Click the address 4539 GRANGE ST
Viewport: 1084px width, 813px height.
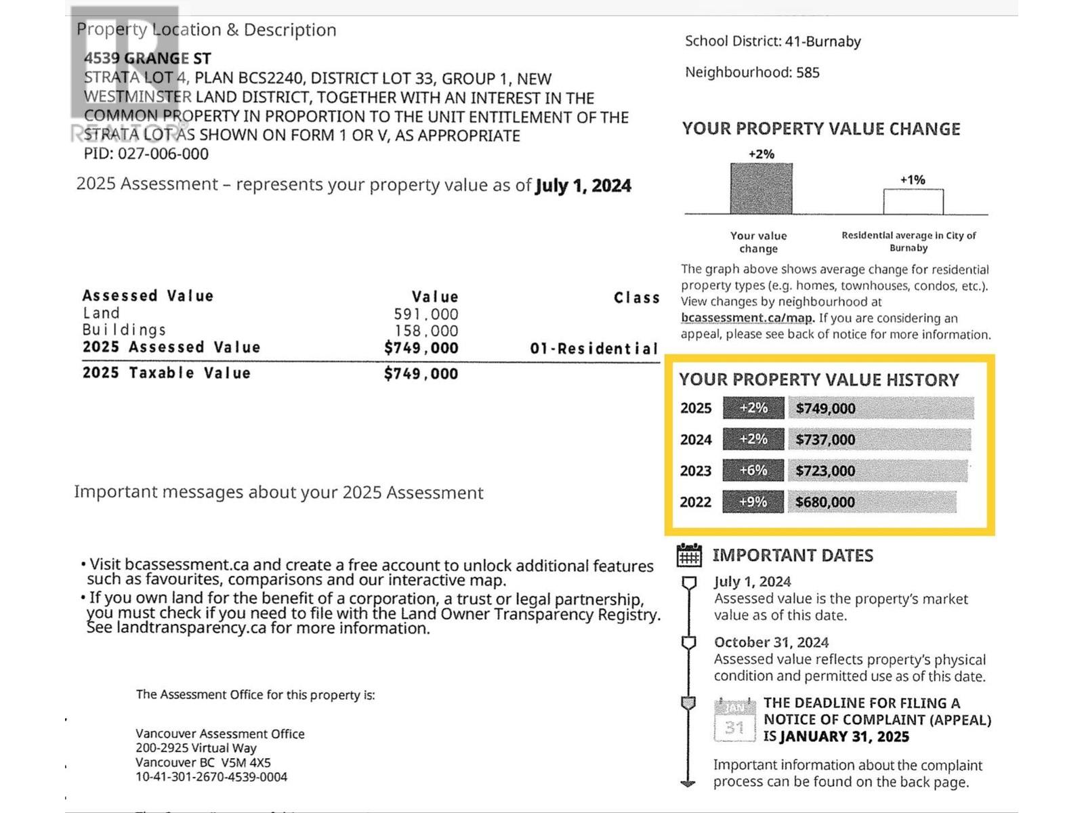click(147, 59)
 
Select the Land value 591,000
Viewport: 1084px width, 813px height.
click(425, 314)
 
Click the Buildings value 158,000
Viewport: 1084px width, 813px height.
click(426, 331)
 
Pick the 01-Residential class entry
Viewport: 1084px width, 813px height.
click(593, 349)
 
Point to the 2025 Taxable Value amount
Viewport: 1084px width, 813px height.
click(421, 373)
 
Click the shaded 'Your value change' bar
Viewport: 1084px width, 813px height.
click(761, 189)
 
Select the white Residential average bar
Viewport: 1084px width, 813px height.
click(913, 202)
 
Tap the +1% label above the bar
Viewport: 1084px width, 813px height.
click(912, 180)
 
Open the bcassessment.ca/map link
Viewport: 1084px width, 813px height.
click(747, 318)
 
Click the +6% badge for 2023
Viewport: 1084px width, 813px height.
click(753, 470)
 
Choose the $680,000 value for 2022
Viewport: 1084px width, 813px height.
click(825, 502)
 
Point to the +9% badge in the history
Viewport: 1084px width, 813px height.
click(753, 502)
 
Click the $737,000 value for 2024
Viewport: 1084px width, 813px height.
click(825, 440)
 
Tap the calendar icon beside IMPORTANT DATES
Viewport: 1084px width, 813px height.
click(689, 556)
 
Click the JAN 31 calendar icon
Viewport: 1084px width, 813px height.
click(734, 721)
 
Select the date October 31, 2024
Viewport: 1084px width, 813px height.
click(771, 642)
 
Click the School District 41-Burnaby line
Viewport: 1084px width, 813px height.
click(772, 41)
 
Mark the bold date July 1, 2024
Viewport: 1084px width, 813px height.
click(583, 186)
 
